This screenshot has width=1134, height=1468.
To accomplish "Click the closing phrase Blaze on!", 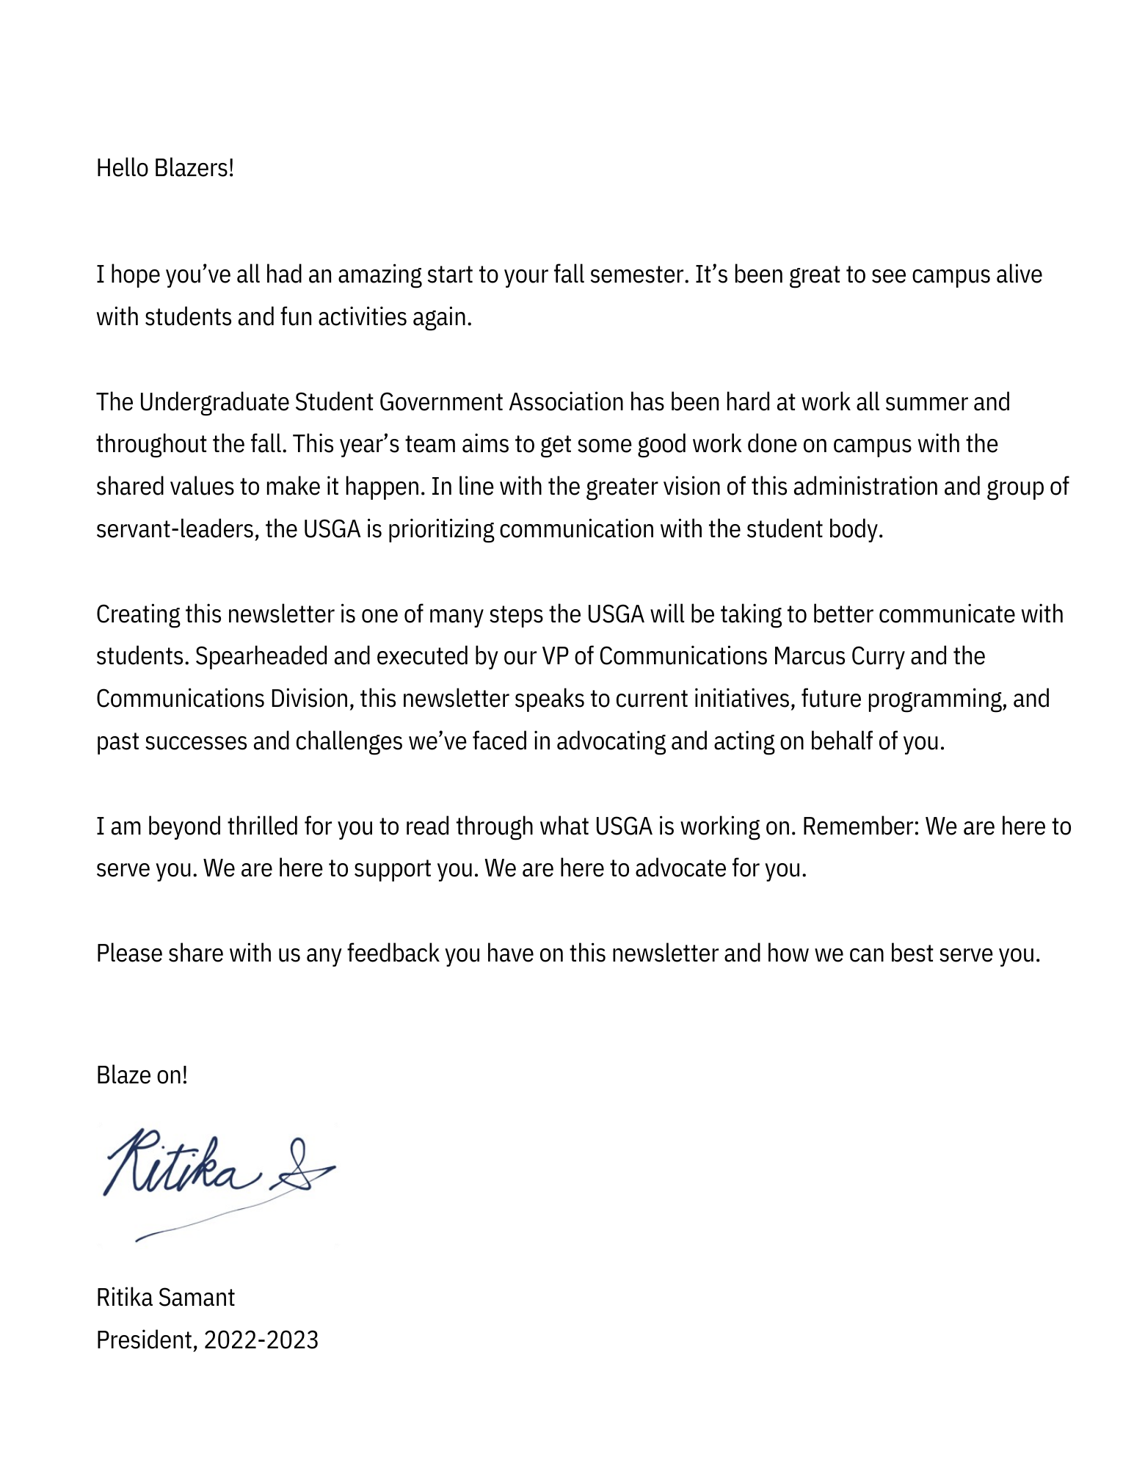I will [142, 1075].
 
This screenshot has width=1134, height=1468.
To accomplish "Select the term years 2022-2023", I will [261, 1340].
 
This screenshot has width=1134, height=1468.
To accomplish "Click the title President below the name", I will [145, 1340].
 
